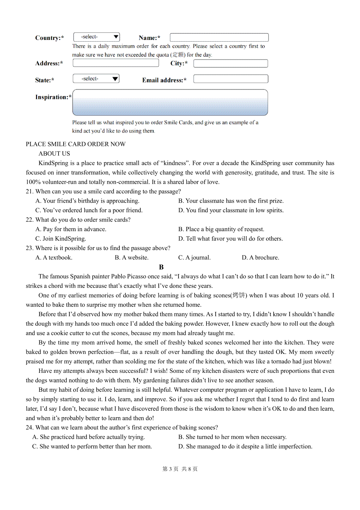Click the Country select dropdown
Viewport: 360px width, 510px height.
point(97,37)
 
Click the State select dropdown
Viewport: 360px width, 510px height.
point(96,79)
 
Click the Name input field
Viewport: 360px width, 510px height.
point(219,38)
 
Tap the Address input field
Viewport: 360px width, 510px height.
point(116,63)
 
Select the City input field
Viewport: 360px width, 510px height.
point(230,63)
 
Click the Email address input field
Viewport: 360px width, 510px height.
point(230,79)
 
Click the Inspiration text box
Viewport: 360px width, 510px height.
point(170,102)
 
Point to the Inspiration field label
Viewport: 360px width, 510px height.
point(53,97)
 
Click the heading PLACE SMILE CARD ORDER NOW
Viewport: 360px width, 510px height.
point(76,144)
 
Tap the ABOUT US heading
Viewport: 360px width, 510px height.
point(54,154)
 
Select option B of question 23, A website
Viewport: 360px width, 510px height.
point(132,258)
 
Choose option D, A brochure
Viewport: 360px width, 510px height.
point(260,258)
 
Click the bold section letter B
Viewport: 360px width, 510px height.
point(161,267)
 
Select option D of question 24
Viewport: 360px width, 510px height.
point(245,446)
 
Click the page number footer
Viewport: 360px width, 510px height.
point(180,469)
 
